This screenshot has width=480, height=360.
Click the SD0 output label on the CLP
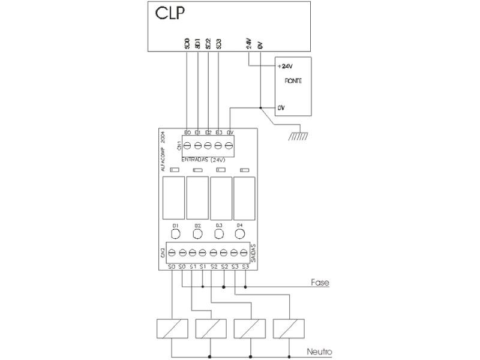[187, 44]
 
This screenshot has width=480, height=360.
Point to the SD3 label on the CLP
[219, 44]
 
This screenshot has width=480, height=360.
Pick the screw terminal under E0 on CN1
[187, 145]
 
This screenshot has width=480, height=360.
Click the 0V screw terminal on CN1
[229, 145]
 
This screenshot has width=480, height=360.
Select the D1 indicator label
[176, 225]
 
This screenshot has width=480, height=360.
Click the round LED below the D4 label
[239, 234]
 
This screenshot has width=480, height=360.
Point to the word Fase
[320, 282]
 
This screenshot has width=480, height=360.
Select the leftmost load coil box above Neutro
[172, 328]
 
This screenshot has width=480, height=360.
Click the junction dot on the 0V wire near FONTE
[260, 108]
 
